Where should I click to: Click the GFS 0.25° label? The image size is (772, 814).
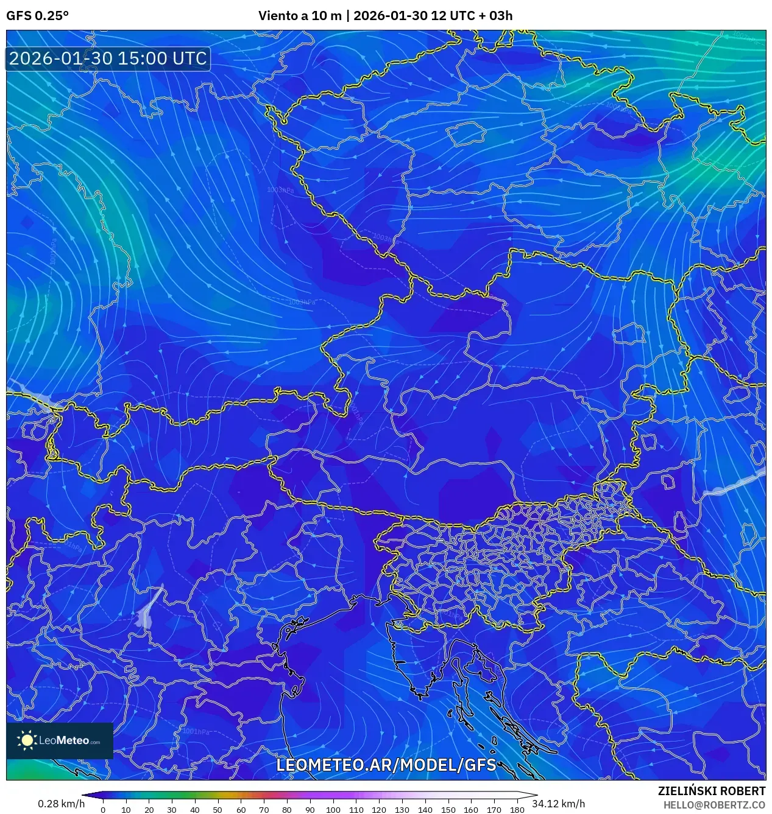point(37,16)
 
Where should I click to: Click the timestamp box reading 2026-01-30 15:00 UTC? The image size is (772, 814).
point(108,58)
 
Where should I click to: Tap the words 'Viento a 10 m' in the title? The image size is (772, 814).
point(300,16)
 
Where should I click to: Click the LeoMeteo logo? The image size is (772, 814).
point(60,740)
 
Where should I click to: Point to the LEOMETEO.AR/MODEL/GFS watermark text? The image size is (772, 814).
point(386,765)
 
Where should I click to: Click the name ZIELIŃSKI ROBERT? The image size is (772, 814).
point(711,791)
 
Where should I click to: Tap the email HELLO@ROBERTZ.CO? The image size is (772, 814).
point(714,805)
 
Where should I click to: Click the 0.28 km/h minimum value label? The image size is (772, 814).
point(61,804)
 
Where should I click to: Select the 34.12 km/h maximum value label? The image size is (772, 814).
point(558,804)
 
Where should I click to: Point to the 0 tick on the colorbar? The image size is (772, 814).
point(103,810)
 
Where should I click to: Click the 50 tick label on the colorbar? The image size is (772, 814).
point(218,810)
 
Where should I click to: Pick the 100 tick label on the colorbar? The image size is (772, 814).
point(333,810)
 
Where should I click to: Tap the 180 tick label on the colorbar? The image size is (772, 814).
point(517,810)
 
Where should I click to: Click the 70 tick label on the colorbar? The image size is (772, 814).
point(264,810)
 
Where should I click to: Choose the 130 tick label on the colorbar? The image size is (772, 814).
point(402,810)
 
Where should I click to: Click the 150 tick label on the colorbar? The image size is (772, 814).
point(448,810)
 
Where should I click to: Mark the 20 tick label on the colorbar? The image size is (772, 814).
point(149,810)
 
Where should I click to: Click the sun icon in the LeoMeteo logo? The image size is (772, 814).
point(27,740)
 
